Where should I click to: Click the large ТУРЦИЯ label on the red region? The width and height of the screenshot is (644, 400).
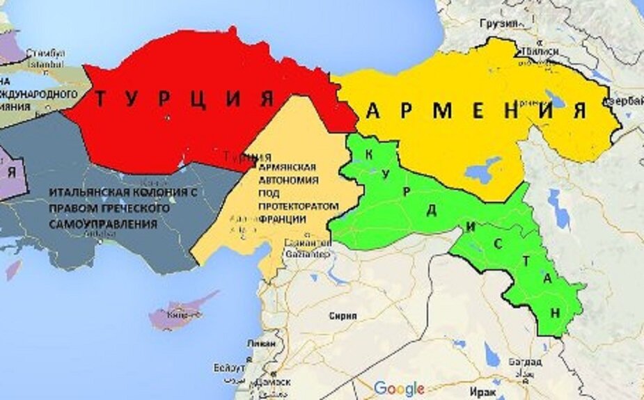coord(183,99)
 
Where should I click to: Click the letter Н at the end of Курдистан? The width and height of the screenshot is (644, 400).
coord(554,313)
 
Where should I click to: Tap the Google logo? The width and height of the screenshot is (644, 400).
coord(399,388)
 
